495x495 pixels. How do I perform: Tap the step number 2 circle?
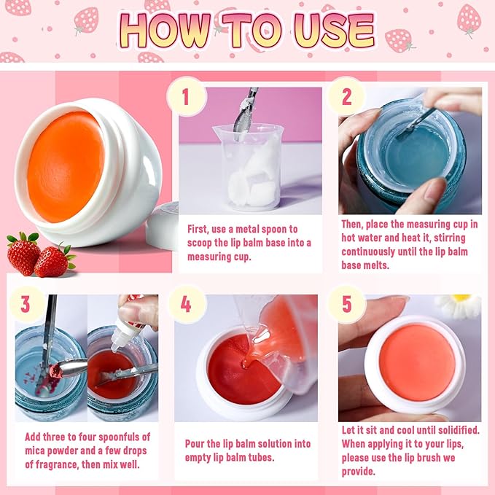pos(346,96)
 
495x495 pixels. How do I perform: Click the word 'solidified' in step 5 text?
pos(452,430)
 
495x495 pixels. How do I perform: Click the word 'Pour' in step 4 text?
pos(198,443)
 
